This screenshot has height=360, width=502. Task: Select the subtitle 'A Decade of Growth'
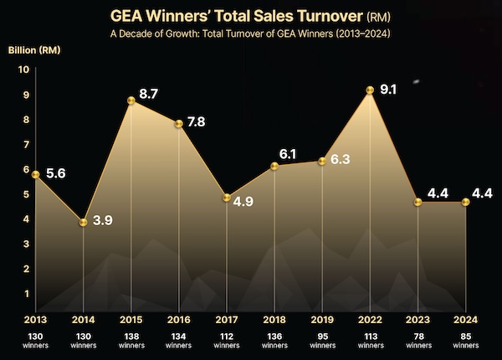coord(250,33)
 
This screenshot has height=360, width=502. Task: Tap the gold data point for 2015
coord(131,100)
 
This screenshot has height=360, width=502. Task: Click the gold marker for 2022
coord(370,90)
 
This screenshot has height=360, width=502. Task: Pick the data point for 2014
coord(83,222)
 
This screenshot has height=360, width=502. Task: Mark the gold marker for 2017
coord(227,197)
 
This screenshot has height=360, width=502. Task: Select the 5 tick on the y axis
coord(24,194)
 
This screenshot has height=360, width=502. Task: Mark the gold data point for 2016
coord(179,124)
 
